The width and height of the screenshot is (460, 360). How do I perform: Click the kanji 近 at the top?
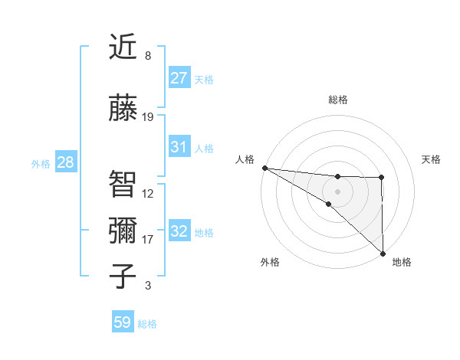123,47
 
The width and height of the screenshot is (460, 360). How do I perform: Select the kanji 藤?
123,109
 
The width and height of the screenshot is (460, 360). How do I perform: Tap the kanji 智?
123,184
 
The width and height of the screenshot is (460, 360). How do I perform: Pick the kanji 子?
123,277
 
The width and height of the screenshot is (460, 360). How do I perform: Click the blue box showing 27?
179,78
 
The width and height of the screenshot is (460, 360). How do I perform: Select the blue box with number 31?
179,147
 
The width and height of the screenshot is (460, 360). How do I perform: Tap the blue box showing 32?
179,231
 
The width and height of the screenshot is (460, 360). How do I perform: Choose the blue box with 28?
64,162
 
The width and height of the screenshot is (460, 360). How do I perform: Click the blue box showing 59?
123,322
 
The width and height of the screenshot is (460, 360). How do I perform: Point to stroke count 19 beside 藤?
148,117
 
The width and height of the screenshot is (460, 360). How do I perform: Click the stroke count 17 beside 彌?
148,240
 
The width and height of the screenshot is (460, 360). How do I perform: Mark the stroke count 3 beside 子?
148,286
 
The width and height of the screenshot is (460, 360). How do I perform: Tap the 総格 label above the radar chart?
337,100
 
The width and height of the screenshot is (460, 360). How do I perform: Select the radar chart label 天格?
432,159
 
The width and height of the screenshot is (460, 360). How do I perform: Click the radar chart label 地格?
402,262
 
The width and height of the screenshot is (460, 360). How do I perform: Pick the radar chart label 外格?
270,262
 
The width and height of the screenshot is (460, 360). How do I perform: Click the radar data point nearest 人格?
264,168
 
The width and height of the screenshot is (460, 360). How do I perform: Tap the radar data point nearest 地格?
382,254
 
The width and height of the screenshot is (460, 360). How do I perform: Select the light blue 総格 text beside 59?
147,324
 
